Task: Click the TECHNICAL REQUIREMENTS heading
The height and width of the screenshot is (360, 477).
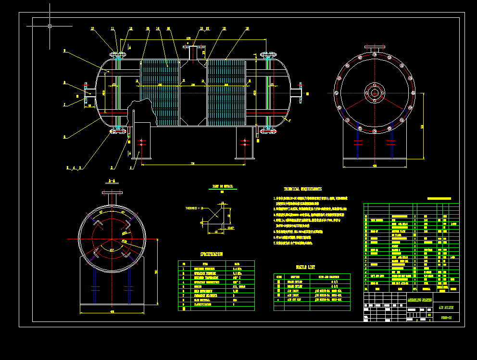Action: (x=302, y=189)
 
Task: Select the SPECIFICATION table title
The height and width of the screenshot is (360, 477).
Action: (x=212, y=254)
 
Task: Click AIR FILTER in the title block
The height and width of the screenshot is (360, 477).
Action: (x=446, y=307)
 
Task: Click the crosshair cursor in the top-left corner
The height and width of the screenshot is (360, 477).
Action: (x=50, y=26)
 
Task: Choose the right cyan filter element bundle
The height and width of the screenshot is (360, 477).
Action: (x=226, y=91)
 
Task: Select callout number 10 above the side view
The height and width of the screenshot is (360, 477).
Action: (x=92, y=29)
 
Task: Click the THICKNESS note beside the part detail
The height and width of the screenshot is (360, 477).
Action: (x=194, y=208)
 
